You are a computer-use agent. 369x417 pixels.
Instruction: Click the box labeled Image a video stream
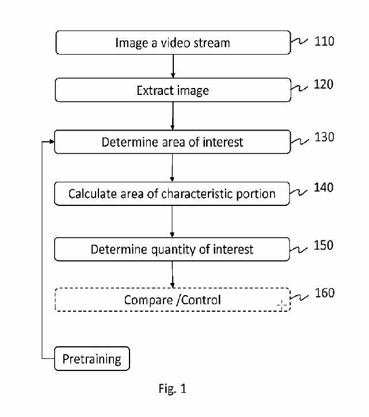coord(173,43)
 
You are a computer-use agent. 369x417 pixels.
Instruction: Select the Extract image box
coord(173,90)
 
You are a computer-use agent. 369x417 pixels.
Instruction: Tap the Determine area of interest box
coord(173,142)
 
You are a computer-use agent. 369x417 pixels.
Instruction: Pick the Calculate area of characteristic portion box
coord(173,194)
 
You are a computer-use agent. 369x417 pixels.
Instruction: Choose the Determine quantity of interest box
coord(173,250)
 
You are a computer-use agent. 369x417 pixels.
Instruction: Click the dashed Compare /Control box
coord(173,300)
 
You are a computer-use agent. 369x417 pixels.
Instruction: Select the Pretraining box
coord(92,359)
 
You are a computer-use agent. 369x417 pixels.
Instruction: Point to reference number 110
coord(324,41)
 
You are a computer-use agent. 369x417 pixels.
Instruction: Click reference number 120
coord(324,85)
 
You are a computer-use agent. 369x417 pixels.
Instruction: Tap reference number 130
coord(324,137)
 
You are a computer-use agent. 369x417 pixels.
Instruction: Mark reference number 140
coord(324,188)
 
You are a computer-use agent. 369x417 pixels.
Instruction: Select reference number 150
coord(324,246)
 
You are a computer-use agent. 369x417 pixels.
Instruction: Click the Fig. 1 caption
coord(172,389)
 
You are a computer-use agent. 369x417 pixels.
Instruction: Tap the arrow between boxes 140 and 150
coord(173,221)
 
